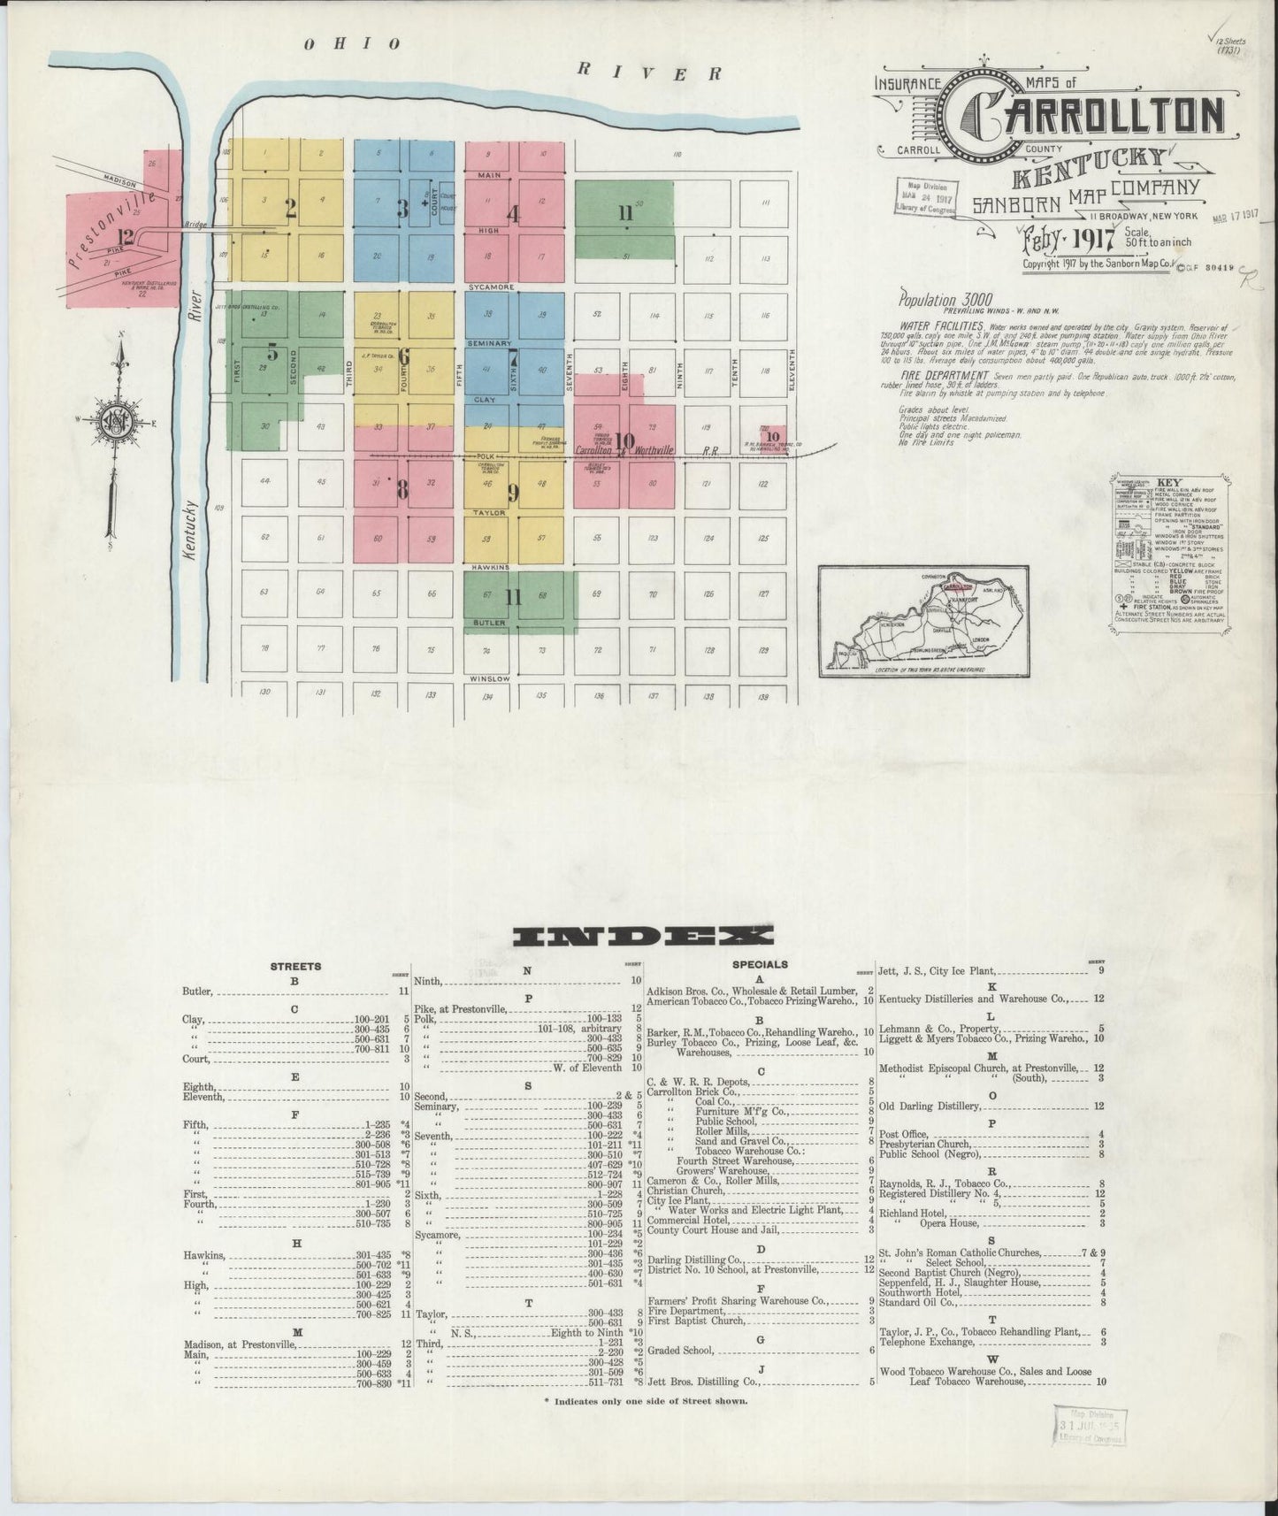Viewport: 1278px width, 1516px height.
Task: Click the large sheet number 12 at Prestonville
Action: [x=126, y=236]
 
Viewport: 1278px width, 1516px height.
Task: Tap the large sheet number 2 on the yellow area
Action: [x=289, y=210]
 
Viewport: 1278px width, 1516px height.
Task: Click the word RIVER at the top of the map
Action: [x=648, y=71]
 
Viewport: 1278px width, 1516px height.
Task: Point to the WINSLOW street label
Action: [x=489, y=678]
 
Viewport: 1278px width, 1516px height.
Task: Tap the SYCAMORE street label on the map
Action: [x=489, y=288]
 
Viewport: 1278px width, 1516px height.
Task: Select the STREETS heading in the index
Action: [x=295, y=967]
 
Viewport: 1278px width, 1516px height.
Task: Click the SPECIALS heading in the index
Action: [x=760, y=964]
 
